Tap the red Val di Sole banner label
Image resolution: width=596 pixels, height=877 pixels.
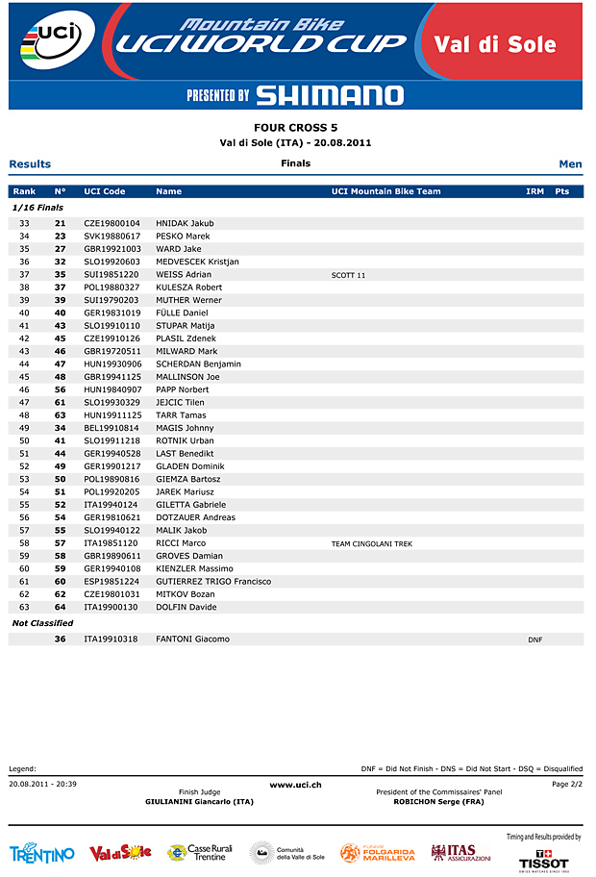coord(495,44)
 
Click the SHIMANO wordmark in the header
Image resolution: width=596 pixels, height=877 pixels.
coord(330,95)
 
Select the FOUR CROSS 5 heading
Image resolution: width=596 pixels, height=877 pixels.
coord(295,128)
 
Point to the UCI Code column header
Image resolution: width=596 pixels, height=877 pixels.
coord(105,191)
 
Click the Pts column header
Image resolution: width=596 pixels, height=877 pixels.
coord(562,191)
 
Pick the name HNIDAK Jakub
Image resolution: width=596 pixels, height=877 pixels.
coord(185,223)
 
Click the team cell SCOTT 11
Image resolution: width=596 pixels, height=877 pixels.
coord(348,275)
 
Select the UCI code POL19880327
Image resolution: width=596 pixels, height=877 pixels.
coord(112,288)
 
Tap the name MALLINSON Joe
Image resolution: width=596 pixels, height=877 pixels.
coord(187,377)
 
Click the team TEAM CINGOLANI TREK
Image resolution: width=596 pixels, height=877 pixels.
coord(371,543)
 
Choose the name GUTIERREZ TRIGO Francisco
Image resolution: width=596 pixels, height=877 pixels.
coord(213,582)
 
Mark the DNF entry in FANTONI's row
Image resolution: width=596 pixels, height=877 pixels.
coord(535,639)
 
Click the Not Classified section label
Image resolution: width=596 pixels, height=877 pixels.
coord(42,623)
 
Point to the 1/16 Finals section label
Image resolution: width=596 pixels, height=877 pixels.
coord(37,207)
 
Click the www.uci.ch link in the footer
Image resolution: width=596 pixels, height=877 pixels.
coord(295,786)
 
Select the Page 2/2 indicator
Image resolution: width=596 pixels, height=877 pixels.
coord(567,785)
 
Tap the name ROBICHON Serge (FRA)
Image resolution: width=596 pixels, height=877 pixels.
coord(438,802)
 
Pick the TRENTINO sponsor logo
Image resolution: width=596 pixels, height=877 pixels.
coord(42,854)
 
